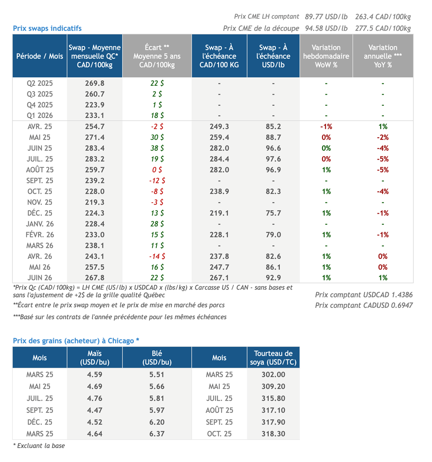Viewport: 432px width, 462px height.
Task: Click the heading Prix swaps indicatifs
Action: click(x=47, y=28)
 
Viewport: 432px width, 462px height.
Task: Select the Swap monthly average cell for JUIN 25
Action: click(x=95, y=148)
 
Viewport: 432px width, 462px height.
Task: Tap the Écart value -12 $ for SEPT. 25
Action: click(x=157, y=181)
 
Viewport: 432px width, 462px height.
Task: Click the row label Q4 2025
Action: click(x=40, y=105)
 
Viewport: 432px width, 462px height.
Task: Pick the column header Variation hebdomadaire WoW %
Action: click(x=326, y=56)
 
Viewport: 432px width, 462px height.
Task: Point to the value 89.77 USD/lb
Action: click(x=326, y=17)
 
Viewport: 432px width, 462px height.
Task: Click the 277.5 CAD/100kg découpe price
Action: click(x=383, y=29)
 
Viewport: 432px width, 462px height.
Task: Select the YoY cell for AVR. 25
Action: click(x=383, y=127)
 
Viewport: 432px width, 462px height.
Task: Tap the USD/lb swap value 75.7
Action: click(x=273, y=213)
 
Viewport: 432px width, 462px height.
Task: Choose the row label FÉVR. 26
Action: click(x=40, y=235)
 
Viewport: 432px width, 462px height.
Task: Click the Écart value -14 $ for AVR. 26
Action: click(x=157, y=256)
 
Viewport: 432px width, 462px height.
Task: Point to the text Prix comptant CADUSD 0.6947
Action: click(x=364, y=305)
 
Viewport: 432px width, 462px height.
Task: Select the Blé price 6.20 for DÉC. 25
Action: click(x=157, y=422)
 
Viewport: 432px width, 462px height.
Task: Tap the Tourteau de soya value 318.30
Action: click(x=273, y=434)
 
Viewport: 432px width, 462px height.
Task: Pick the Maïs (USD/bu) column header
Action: click(x=95, y=358)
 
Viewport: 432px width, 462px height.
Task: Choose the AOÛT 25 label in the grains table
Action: click(x=219, y=410)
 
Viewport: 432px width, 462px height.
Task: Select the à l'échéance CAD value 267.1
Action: click(x=219, y=278)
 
